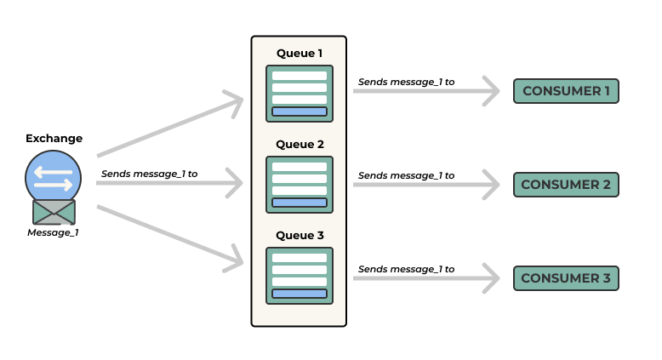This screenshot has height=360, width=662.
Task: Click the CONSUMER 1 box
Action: point(566,91)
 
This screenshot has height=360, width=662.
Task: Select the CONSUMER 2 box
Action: point(566,185)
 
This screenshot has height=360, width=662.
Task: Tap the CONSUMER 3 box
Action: point(566,278)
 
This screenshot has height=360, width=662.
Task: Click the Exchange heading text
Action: point(54,138)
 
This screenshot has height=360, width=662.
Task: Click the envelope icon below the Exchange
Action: point(54,212)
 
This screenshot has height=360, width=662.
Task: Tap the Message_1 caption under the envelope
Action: point(54,232)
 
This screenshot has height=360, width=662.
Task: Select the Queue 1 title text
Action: point(299,53)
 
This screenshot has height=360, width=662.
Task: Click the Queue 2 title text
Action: point(299,144)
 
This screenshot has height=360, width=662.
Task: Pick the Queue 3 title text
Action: point(299,236)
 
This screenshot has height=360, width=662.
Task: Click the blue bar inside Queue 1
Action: point(299,111)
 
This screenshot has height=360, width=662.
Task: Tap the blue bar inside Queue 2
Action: point(299,203)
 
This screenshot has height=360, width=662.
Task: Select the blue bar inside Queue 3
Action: point(299,294)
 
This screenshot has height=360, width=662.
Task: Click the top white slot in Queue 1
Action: point(299,76)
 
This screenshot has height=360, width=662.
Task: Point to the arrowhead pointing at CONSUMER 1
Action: point(491,90)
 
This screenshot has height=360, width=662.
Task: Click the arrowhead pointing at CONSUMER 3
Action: point(491,277)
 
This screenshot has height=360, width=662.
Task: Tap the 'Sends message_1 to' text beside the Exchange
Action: point(149,174)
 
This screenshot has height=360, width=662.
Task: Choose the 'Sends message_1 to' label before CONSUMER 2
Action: point(406,175)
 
